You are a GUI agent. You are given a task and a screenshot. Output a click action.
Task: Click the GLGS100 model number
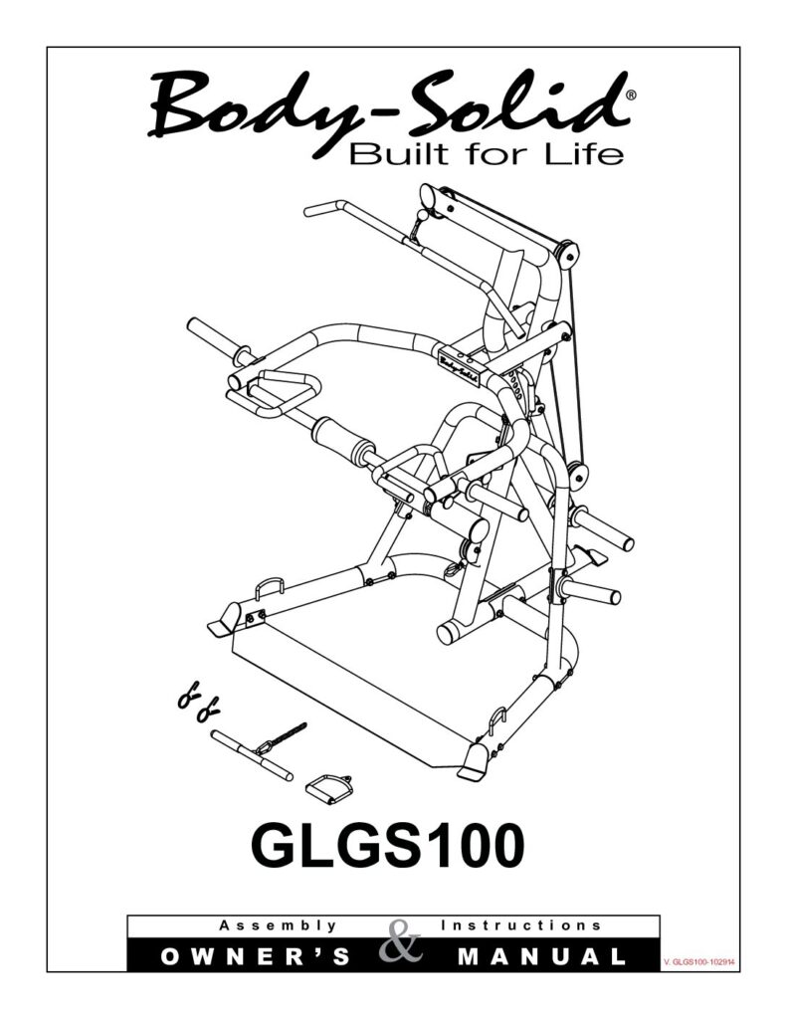pos(387,846)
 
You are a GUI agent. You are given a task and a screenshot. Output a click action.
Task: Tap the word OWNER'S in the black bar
pos(255,956)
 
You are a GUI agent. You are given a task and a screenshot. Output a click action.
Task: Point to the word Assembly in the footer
pos(278,925)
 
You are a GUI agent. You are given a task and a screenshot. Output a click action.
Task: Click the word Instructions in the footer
pos(520,924)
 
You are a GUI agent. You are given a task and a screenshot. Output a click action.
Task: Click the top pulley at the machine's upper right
pos(567,254)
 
